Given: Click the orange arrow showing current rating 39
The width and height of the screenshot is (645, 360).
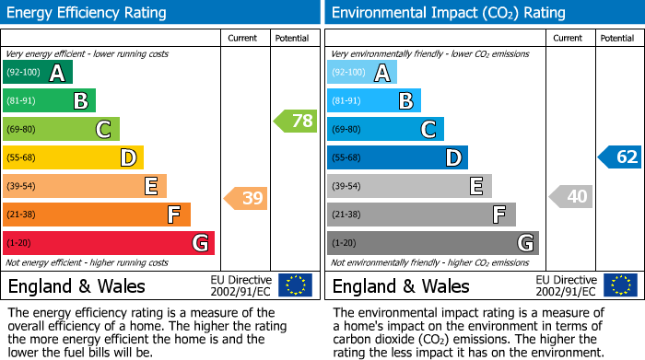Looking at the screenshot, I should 245,198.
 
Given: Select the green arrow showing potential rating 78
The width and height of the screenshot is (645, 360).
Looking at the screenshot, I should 295,121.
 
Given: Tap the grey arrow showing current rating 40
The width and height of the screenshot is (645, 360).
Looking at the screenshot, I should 570,196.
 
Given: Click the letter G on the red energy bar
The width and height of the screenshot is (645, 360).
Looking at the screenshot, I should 199,243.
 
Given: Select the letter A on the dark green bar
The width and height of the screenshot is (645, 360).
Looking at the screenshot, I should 57,73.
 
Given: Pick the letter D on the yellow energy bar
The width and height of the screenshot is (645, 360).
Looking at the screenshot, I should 128,158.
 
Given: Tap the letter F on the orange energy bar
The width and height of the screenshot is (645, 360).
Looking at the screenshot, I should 173,215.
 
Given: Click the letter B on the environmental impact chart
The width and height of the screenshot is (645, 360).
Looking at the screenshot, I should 405,101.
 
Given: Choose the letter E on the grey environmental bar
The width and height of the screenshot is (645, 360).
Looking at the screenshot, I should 475,187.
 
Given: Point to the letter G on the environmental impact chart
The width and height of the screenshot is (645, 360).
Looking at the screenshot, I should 524,243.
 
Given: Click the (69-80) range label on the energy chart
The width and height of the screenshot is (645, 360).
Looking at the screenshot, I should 21,130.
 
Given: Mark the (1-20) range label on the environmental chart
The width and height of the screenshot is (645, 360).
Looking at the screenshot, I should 345,244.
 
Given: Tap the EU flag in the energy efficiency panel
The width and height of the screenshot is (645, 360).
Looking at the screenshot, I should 295,285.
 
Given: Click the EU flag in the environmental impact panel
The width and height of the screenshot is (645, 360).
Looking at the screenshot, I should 621,285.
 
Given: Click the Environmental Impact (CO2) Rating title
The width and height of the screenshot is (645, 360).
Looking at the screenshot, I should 448,13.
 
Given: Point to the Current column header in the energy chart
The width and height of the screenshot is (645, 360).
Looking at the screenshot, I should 244,39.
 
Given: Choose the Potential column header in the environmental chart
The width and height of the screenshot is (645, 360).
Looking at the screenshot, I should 617,39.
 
